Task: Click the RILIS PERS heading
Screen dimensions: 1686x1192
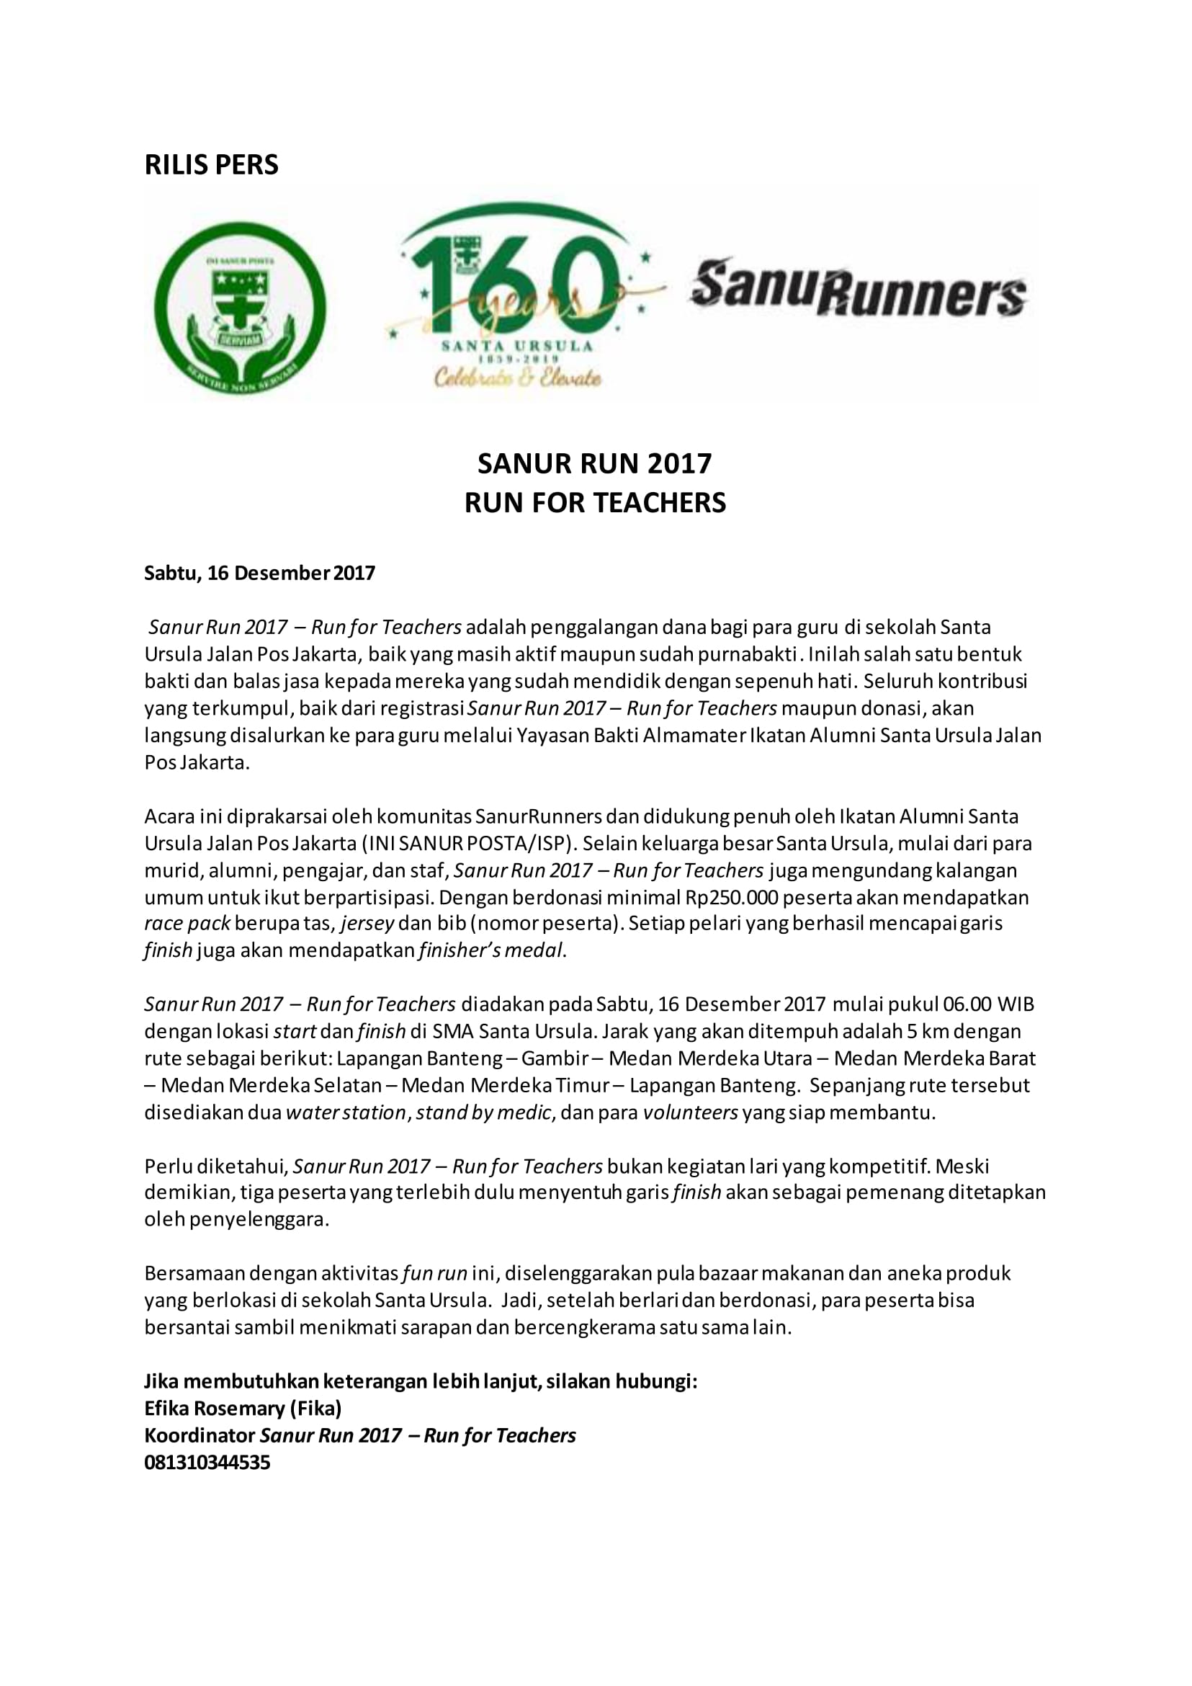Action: [211, 164]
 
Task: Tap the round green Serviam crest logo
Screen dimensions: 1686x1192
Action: [240, 309]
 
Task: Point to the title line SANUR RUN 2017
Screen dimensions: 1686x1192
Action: [594, 463]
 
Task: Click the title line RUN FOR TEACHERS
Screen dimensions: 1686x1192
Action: [594, 503]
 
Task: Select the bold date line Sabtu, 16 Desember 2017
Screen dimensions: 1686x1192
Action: [260, 573]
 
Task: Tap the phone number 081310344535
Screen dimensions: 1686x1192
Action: [207, 1462]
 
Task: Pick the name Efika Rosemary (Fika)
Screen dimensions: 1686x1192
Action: [243, 1408]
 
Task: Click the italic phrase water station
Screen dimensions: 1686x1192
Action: [346, 1112]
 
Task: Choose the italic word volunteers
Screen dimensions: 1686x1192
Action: [691, 1112]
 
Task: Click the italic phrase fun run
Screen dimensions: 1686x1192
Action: [435, 1272]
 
